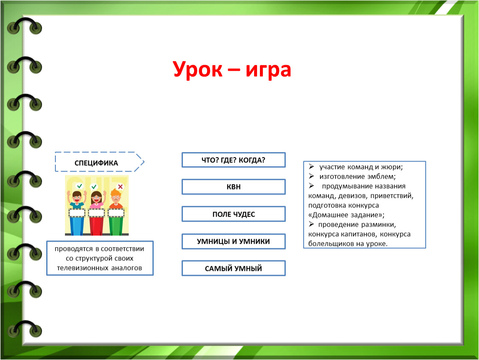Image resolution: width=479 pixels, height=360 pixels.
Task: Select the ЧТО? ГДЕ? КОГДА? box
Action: [x=234, y=160]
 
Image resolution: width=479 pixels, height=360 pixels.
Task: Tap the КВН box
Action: [x=234, y=187]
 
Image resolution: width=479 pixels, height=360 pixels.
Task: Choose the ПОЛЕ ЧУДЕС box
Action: [x=234, y=214]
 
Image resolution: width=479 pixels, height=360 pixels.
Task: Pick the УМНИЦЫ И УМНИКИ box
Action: [x=234, y=241]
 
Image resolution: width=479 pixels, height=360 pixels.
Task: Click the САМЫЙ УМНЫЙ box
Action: [x=234, y=268]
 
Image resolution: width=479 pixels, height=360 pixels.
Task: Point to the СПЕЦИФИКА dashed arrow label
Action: [x=100, y=162]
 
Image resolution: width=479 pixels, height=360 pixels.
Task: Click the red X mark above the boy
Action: [x=120, y=186]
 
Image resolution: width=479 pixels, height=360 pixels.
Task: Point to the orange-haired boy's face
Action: [x=116, y=199]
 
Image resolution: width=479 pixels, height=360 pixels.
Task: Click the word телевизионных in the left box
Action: [x=82, y=268]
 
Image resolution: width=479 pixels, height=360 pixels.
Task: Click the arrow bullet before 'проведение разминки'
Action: [x=311, y=224]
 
